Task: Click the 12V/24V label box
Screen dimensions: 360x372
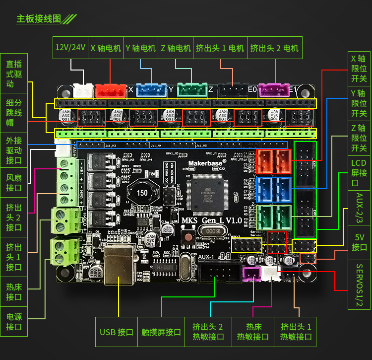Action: pyautogui.click(x=70, y=48)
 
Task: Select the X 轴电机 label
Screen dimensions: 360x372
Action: pyautogui.click(x=106, y=48)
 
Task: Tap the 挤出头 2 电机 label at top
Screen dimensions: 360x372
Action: pyautogui.click(x=275, y=48)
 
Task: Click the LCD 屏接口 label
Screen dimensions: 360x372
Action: pyautogui.click(x=359, y=173)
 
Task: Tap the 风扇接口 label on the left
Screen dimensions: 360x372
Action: pyautogui.click(x=14, y=182)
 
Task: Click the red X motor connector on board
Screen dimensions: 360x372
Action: pyautogui.click(x=110, y=90)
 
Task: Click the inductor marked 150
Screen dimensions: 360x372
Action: pyautogui.click(x=142, y=193)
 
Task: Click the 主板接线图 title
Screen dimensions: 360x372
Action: pyautogui.click(x=39, y=19)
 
